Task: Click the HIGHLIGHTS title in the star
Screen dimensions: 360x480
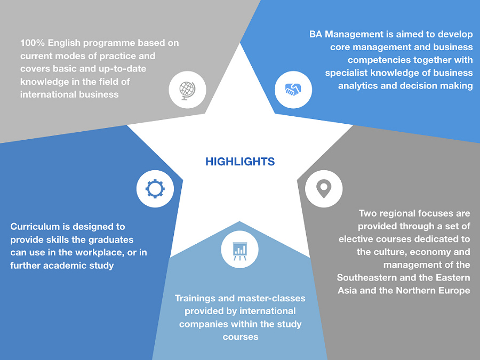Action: tap(240, 162)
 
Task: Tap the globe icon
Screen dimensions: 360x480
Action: tap(187, 90)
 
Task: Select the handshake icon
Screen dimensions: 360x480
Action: tap(293, 89)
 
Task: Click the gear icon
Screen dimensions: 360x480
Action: tap(155, 188)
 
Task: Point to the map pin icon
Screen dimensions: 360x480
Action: tap(324, 188)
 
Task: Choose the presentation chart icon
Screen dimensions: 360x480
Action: tap(239, 250)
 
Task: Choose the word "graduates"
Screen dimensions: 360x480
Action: tap(111, 239)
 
